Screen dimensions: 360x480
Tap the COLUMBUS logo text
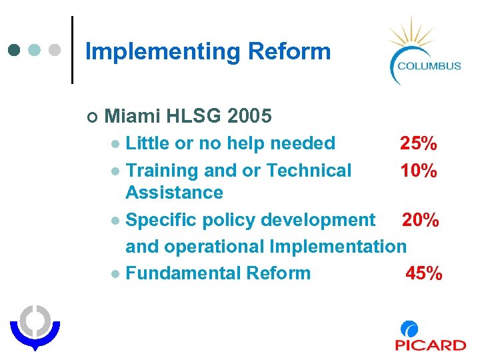tap(429, 65)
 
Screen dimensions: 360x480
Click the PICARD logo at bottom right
tap(429, 337)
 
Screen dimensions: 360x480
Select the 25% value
tap(418, 143)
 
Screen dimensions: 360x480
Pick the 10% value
tap(418, 171)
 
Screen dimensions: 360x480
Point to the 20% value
tap(420, 220)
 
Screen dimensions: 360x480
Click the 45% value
tap(423, 273)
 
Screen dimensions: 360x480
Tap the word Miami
tap(133, 117)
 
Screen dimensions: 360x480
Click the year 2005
tap(249, 117)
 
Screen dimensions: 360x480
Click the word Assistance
tap(174, 193)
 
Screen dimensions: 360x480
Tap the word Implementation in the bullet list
tap(337, 247)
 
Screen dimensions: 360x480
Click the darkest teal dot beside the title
tap(15, 51)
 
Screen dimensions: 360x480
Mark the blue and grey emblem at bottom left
tap(35, 327)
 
